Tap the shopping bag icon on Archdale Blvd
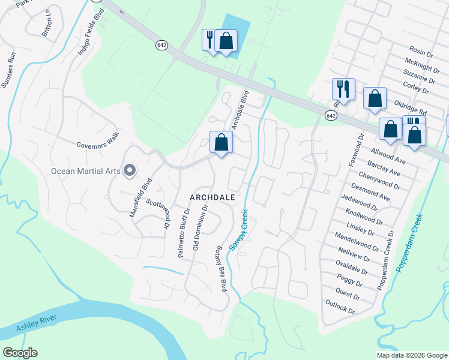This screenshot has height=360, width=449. [x=221, y=143]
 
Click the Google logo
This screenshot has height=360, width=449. [x=20, y=353]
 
